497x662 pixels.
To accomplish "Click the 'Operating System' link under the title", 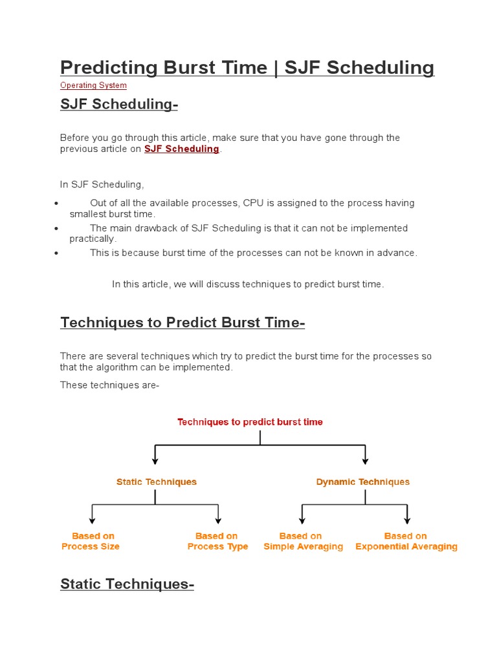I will coord(93,85).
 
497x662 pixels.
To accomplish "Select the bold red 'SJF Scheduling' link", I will coord(181,149).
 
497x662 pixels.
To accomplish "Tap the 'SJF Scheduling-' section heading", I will coord(118,104).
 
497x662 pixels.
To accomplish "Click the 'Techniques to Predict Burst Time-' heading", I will coord(182,323).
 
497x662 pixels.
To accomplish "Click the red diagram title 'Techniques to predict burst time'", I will coord(250,422).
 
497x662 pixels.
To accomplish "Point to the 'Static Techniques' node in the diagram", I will coord(156,482).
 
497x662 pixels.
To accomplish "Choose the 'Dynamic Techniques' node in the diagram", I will coord(362,482).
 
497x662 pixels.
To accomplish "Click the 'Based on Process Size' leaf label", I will coord(91,541).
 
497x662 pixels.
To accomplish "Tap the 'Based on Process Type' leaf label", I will coord(217,541).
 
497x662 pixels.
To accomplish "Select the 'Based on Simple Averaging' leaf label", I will coord(303,541).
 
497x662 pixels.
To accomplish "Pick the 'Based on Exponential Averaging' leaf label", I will coord(406,541).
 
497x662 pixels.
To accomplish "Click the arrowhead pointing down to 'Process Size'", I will coord(93,519).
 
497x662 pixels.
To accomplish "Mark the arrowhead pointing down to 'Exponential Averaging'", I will coord(407,519).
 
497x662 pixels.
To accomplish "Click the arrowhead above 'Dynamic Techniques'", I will coord(365,460).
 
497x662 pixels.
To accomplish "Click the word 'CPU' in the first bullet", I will coord(253,203).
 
